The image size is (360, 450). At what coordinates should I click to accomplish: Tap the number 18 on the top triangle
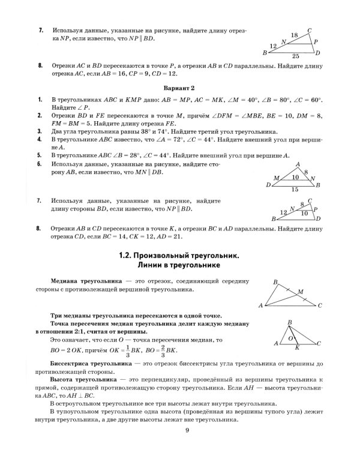(x=294, y=36)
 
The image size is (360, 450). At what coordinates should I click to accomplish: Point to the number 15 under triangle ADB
(x=292, y=189)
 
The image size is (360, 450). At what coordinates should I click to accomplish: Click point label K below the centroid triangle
(x=296, y=348)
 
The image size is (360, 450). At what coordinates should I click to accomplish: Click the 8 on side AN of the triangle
(x=305, y=172)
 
